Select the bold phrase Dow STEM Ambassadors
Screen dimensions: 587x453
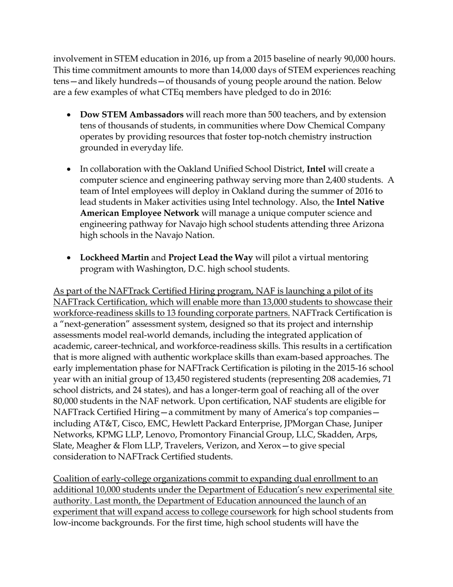click(x=132, y=115)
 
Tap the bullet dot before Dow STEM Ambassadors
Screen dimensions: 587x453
click(x=70, y=115)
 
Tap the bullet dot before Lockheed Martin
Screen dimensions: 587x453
click(x=70, y=258)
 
